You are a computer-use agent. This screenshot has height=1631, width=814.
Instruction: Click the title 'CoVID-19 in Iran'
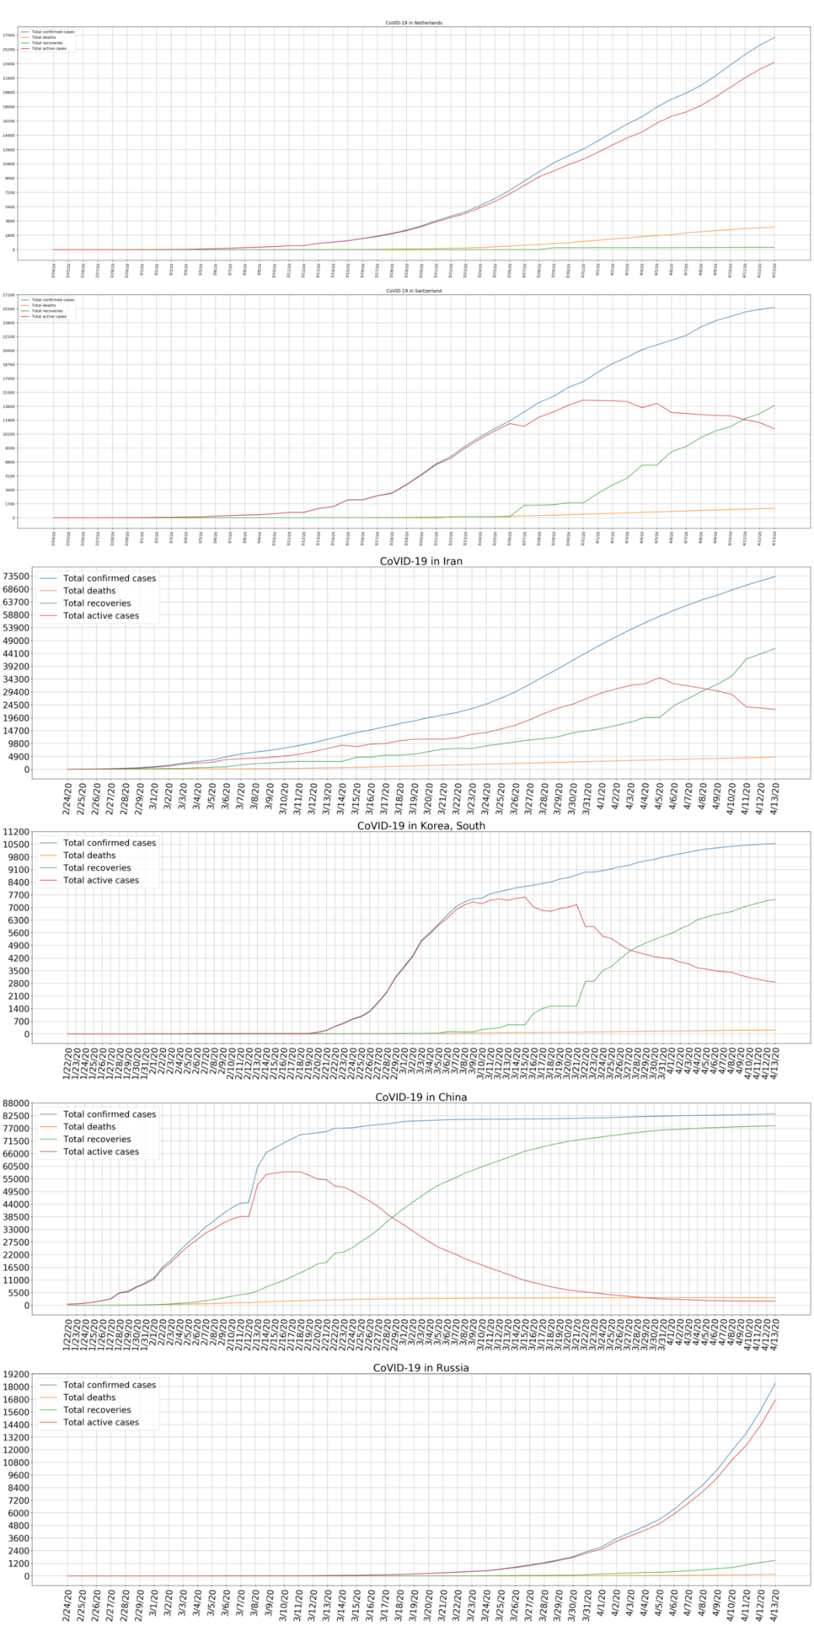420,561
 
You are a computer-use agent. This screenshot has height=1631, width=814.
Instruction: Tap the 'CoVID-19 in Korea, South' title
420,826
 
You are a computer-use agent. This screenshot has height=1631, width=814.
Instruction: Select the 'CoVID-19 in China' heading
420,1097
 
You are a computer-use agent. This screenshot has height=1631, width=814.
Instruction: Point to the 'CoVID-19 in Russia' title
420,1368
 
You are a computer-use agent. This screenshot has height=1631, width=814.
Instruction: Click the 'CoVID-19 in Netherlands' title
414,23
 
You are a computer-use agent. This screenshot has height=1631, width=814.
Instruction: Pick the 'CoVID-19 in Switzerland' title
414,290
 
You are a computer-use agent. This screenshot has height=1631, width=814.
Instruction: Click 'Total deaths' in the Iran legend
89,590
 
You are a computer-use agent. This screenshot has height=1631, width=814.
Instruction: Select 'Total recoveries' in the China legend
97,1139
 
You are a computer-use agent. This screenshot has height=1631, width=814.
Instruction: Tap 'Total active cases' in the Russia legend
101,1422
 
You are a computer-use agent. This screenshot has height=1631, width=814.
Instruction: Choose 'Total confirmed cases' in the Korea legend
110,843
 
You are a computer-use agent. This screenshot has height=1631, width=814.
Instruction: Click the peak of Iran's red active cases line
659,677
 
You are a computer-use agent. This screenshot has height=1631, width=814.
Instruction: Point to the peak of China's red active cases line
292,1171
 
